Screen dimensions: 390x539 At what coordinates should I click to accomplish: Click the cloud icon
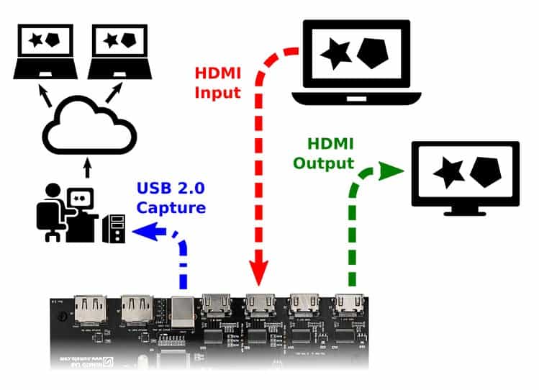tap(89, 130)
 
